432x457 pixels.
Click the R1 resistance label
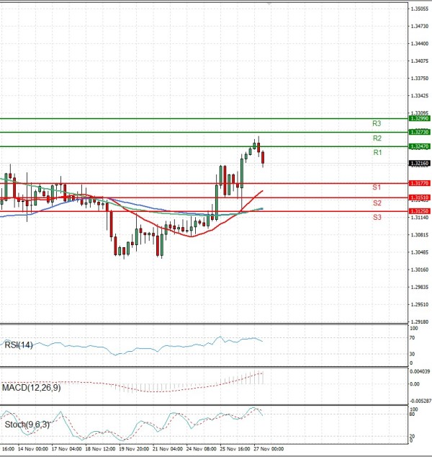pyautogui.click(x=377, y=153)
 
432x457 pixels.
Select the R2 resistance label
pyautogui.click(x=377, y=138)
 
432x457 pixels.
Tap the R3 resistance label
pyautogui.click(x=377, y=123)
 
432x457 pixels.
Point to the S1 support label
pyautogui.click(x=377, y=187)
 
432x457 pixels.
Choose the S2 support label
pyautogui.click(x=377, y=203)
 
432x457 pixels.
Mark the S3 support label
pyautogui.click(x=377, y=217)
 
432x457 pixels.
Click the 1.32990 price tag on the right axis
pyautogui.click(x=419, y=117)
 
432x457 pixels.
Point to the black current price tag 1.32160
pyautogui.click(x=419, y=164)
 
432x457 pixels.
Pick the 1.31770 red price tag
pyautogui.click(x=419, y=183)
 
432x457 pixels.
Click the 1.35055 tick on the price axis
pyautogui.click(x=419, y=9)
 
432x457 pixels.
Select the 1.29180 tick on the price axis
pyautogui.click(x=419, y=321)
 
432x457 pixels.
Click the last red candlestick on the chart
pyautogui.click(x=263, y=157)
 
